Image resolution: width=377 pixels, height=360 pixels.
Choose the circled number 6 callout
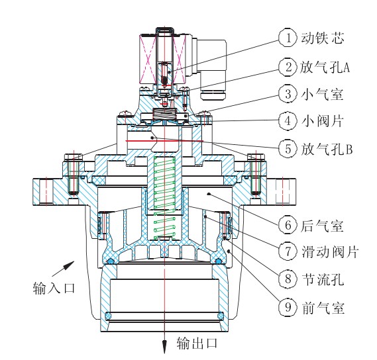click(287, 225)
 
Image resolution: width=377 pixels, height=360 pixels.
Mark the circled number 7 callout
click(287, 253)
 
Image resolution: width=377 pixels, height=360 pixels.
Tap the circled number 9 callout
click(287, 307)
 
